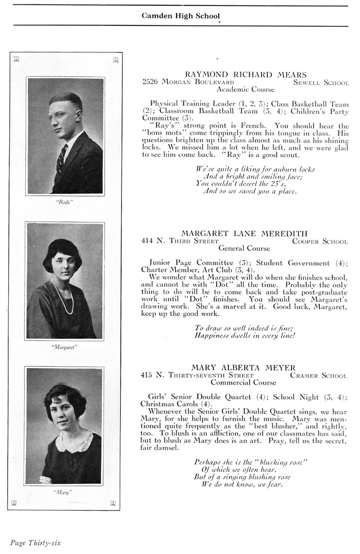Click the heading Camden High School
pos(180,16)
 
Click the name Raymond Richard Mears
pos(245,74)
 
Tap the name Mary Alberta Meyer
pos(244,368)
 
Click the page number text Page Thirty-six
pos(36,542)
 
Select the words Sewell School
pos(321,83)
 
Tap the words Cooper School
pos(320,241)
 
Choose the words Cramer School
pos(318,376)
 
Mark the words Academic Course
pos(245,89)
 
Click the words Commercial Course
pos(243,383)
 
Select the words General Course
pos(244,248)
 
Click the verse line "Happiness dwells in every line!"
pos(244,336)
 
